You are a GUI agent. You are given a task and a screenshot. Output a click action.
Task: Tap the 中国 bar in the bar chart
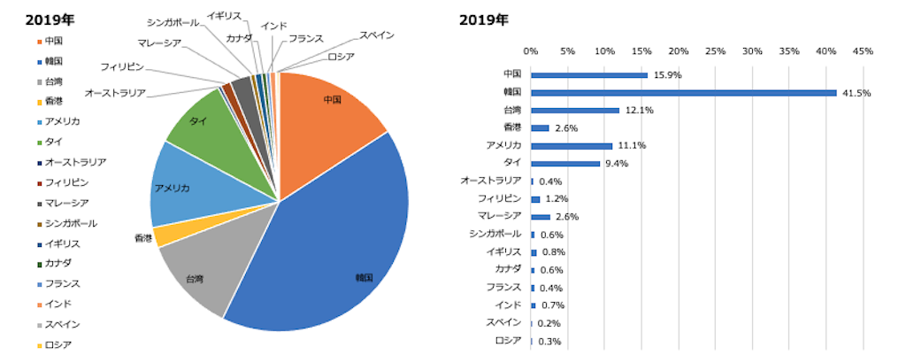pyautogui.click(x=589, y=74)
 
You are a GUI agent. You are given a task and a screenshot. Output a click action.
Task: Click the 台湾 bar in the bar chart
pyautogui.click(x=575, y=110)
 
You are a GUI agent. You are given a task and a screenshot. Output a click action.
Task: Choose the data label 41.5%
pyautogui.click(x=855, y=93)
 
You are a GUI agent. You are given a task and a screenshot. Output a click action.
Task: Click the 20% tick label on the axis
pyautogui.click(x=679, y=50)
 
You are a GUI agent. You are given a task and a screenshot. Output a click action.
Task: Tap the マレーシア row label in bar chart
pyautogui.click(x=499, y=216)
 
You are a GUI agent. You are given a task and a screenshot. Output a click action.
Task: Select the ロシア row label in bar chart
pyautogui.click(x=508, y=341)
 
